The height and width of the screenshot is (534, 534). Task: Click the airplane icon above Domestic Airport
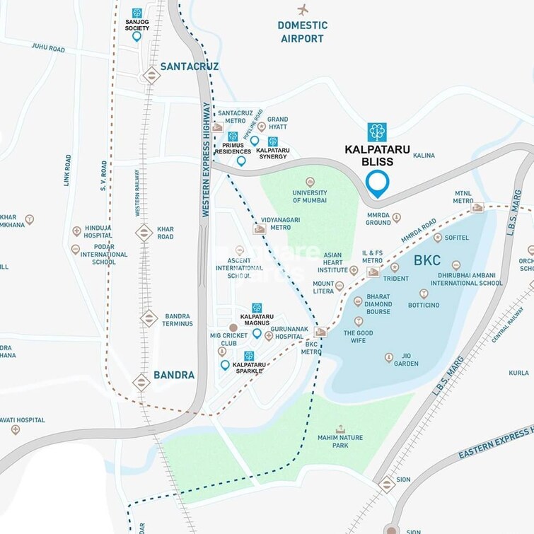[303, 10]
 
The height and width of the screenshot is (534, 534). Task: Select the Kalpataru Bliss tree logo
[377, 132]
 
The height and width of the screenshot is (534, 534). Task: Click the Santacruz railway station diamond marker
[151, 75]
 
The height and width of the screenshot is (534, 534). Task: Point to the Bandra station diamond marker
[141, 383]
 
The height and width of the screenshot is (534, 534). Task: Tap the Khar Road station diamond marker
[144, 232]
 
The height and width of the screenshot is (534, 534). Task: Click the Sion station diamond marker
[386, 484]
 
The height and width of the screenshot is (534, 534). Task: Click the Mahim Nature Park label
[340, 442]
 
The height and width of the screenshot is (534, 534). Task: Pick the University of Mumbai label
[310, 197]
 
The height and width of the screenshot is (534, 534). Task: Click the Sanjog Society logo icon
[137, 13]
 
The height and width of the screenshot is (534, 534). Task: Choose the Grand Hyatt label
[277, 124]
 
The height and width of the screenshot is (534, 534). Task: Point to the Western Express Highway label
[207, 159]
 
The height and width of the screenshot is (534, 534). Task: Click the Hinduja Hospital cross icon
[76, 231]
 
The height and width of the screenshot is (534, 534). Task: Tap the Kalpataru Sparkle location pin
[225, 365]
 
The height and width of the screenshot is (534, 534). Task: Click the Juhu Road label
[47, 49]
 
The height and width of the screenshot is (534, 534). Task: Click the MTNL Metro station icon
[477, 208]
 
